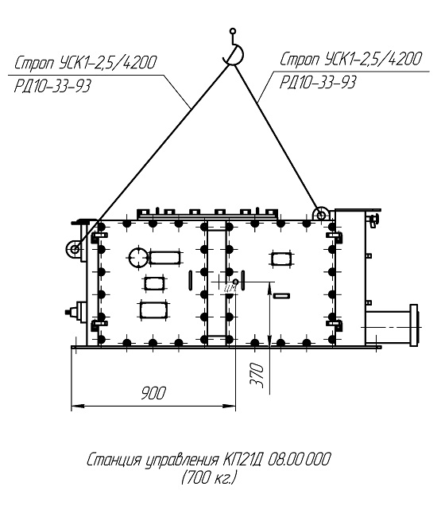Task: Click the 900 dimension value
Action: click(153, 393)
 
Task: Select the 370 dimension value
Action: click(257, 376)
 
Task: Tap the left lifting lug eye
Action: click(75, 249)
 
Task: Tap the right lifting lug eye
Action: click(321, 214)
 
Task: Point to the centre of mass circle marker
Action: click(236, 282)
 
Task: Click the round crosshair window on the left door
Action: click(138, 258)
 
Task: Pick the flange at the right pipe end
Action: click(414, 325)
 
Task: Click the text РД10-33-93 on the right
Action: click(318, 82)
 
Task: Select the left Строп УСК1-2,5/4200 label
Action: click(86, 63)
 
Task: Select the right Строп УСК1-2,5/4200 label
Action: click(350, 59)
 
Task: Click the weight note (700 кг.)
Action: click(209, 477)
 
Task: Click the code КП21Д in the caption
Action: click(244, 460)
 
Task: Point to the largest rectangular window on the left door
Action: click(154, 309)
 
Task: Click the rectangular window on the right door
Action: click(282, 259)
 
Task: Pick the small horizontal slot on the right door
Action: click(281, 296)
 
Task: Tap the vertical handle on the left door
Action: click(191, 280)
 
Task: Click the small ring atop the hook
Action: click(233, 31)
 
